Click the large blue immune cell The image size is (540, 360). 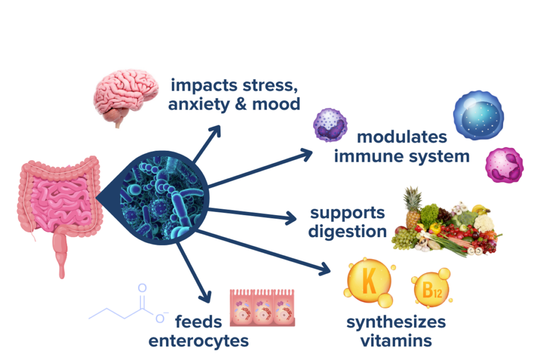pos(478,115)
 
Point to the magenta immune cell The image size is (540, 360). pos(504,166)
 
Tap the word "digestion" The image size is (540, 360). pos(348,231)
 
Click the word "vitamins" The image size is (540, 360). pos(397,340)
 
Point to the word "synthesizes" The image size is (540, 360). pos(396,322)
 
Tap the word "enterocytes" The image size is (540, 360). pos(198,340)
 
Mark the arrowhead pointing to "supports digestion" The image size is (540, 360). pos(294,217)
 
